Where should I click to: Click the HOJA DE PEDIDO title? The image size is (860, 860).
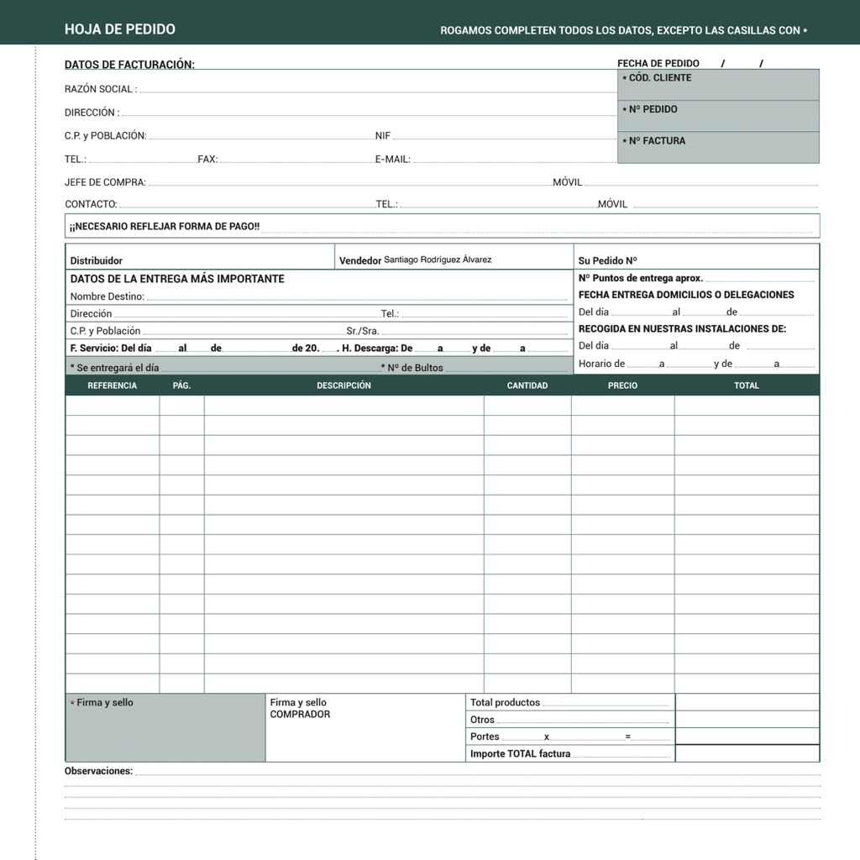tap(119, 29)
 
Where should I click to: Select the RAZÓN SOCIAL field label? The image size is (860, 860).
tap(99, 89)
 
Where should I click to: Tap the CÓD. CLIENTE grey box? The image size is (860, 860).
tap(718, 85)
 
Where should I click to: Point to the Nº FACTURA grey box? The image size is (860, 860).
tap(718, 148)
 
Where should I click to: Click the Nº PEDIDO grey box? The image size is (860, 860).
tap(718, 116)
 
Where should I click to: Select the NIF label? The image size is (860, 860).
tap(383, 135)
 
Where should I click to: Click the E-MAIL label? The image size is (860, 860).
tap(392, 159)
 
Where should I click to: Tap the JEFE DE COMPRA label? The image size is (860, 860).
tap(105, 182)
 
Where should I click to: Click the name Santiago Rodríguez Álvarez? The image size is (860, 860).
tap(438, 260)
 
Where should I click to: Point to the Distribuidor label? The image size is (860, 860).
tap(96, 261)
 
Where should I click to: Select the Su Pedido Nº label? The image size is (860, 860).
tap(607, 260)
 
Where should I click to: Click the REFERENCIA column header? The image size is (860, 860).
tap(112, 385)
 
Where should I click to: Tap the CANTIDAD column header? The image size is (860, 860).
tap(527, 385)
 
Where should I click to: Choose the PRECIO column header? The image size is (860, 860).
tap(622, 385)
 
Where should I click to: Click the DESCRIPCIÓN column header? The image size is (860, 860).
tap(343, 385)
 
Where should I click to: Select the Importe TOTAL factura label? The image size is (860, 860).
tap(520, 753)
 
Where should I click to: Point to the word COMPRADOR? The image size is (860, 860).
tap(300, 715)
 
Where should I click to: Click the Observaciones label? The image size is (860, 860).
tap(98, 771)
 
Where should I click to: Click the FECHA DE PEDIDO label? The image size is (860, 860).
tap(658, 64)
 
